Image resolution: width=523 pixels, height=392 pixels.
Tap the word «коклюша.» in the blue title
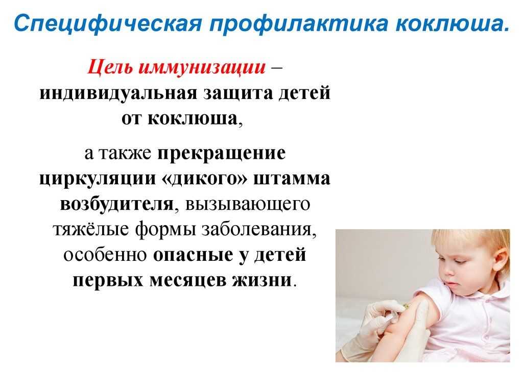(x=453, y=23)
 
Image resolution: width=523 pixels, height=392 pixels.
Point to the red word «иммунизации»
(x=202, y=67)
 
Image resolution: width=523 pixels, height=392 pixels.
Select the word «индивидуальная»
(x=118, y=93)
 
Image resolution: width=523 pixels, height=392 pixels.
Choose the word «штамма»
(x=292, y=179)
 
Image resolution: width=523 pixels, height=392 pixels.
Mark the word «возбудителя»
(x=117, y=204)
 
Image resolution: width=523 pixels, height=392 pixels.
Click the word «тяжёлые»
(x=91, y=229)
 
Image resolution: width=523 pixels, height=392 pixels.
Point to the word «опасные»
(x=193, y=255)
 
